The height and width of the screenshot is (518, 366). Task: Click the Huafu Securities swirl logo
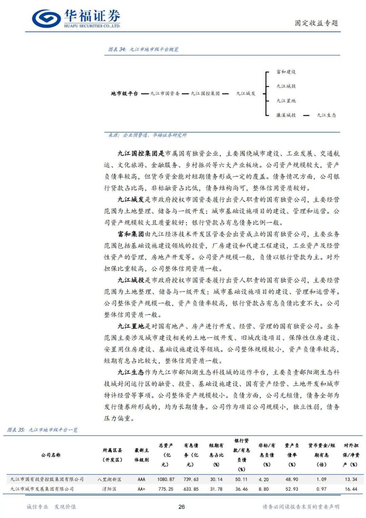coord(46,18)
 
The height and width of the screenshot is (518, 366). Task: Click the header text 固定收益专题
coord(316,23)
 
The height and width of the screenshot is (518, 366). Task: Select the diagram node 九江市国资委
coord(165,93)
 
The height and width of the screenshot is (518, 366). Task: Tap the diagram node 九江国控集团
coord(205,93)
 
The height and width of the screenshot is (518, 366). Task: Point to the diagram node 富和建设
coord(286,72)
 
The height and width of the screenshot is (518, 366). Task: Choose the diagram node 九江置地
coord(286,101)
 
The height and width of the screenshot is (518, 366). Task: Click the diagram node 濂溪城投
coord(286,115)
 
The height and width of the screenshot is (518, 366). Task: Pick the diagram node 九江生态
coord(326,115)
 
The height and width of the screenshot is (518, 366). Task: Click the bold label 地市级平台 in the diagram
coord(124,93)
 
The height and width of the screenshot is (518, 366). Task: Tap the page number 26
coord(182,507)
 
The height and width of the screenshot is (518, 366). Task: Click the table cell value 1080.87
coord(166,479)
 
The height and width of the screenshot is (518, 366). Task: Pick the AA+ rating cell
coord(141,489)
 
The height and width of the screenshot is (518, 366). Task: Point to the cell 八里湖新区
coord(109,479)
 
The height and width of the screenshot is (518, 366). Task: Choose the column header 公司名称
coord(51,455)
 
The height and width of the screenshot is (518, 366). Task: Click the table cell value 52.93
coord(292,489)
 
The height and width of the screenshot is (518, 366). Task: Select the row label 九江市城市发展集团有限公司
coord(42,489)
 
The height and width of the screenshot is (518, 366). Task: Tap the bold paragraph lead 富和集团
coord(131,234)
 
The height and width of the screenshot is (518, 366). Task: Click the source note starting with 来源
coord(147,135)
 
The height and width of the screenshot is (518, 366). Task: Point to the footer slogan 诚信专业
coord(38,507)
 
